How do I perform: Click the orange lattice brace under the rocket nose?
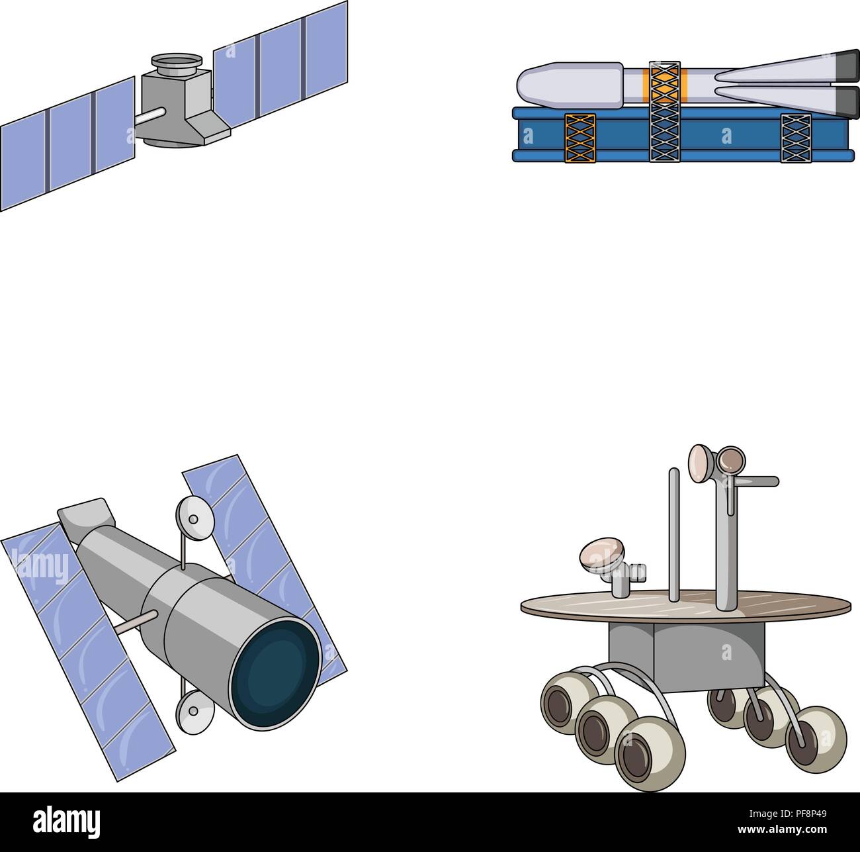pos(580,138)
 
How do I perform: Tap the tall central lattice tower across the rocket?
pos(664,111)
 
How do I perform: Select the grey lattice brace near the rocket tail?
pos(795,138)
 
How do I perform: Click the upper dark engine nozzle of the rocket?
pos(846,63)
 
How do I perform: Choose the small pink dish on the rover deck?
pos(602,555)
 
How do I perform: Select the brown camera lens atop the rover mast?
pos(731,460)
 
